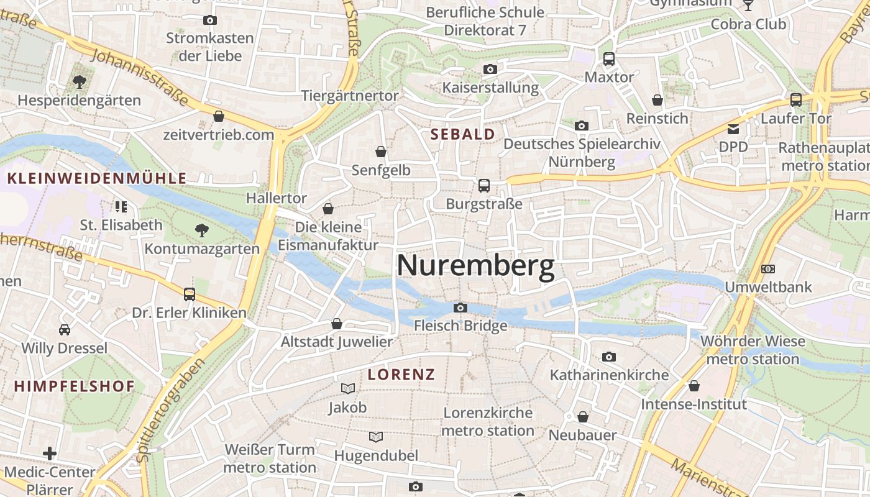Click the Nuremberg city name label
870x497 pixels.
tap(475, 266)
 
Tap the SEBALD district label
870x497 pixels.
tap(463, 134)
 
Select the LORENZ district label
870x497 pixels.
tap(401, 374)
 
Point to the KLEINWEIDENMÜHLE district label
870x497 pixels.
tap(96, 179)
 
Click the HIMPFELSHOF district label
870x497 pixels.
tap(75, 386)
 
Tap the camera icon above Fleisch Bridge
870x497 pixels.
tap(460, 308)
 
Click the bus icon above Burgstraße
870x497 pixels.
tap(483, 185)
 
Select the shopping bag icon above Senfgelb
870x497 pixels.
tap(381, 152)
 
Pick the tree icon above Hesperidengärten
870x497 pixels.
tap(79, 81)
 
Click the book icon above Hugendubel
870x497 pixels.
tap(376, 437)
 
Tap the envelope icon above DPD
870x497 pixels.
tap(733, 129)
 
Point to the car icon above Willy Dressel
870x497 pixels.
tap(64, 329)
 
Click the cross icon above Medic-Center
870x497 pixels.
tap(50, 454)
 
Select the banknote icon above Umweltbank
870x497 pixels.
tap(768, 269)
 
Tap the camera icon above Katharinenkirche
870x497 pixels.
tap(609, 357)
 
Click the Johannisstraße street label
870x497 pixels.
tap(140, 78)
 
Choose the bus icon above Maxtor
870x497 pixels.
tap(609, 59)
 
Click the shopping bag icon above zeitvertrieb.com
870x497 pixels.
tap(219, 116)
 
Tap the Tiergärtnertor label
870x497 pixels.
tap(350, 96)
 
